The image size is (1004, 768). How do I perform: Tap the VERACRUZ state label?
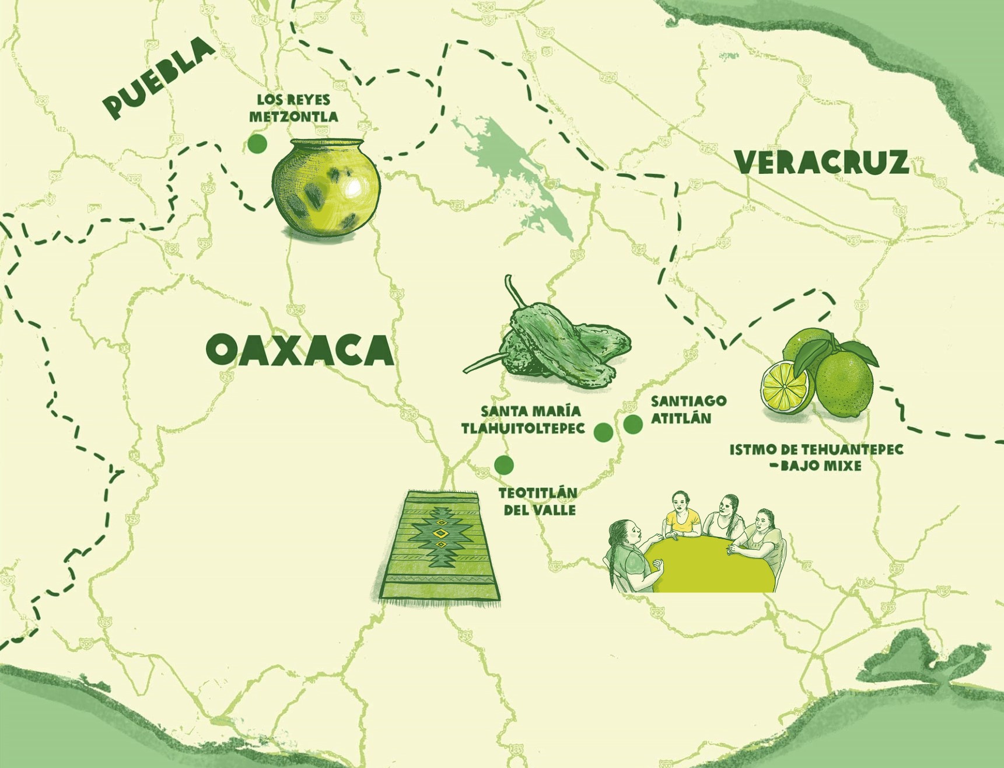tap(821, 162)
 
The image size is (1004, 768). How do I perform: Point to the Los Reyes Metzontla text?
tap(293, 108)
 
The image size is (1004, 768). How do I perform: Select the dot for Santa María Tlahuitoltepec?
tap(603, 432)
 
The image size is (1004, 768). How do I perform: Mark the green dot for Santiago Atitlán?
tap(633, 424)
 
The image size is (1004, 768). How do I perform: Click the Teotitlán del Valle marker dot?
tap(503, 465)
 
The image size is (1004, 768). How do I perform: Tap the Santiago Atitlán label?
tap(688, 410)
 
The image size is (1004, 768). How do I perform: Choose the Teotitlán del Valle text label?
tap(538, 501)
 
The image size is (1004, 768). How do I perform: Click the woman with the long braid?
tap(627, 554)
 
